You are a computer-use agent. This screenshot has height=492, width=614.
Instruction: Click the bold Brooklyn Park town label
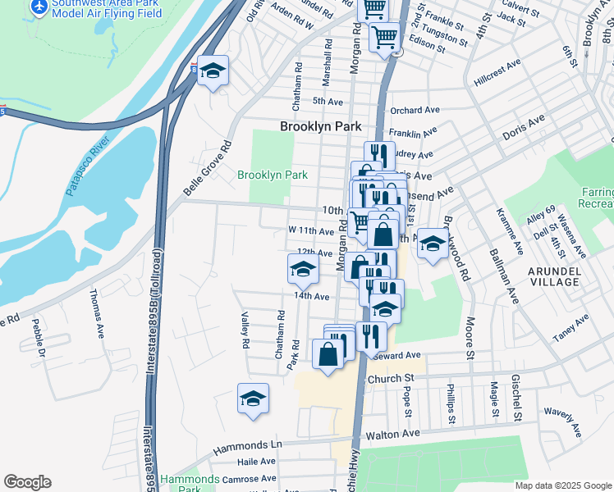(321, 127)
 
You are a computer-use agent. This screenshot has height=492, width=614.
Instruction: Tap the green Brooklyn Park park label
(273, 175)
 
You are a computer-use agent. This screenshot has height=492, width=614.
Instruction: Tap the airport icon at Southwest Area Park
(39, 7)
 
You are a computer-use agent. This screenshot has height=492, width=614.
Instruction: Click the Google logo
(27, 482)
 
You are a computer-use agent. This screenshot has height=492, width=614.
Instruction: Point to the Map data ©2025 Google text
(562, 485)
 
